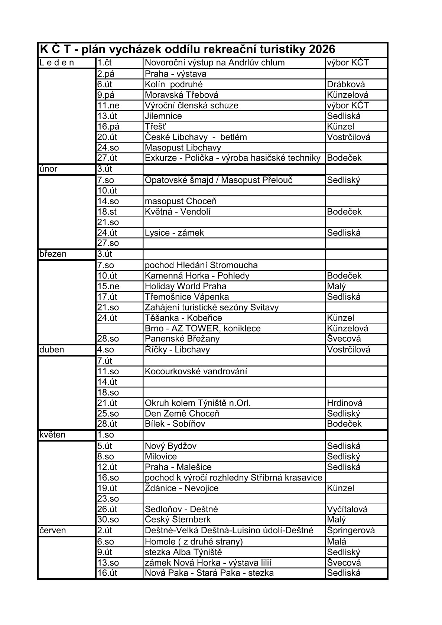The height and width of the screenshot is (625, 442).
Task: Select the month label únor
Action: [x=48, y=169]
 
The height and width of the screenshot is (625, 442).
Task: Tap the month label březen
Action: [x=53, y=254]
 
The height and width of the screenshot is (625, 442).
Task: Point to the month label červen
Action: [x=52, y=530]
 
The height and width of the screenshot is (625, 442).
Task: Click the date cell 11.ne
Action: [x=108, y=105]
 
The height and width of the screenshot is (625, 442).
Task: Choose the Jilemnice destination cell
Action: [x=163, y=116]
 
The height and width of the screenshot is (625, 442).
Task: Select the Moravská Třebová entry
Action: [x=182, y=95]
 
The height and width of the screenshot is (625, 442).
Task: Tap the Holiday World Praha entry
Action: [x=186, y=286]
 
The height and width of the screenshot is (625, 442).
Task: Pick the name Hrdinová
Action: [x=345, y=403]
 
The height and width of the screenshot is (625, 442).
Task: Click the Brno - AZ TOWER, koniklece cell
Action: [x=203, y=328]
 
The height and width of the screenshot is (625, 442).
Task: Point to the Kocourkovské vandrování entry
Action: [x=196, y=371]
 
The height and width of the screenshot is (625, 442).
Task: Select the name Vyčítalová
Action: [x=347, y=509]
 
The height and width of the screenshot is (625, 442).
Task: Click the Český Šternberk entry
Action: [x=178, y=520]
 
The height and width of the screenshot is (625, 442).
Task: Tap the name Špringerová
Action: [x=351, y=530]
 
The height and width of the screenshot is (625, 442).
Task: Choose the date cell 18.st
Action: [x=107, y=212]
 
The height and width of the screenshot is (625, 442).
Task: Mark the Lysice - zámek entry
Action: [x=175, y=233]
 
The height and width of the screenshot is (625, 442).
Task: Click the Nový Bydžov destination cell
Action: [x=171, y=446]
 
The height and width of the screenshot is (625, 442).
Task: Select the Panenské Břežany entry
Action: [x=182, y=339]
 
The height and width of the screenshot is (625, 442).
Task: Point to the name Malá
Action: [x=337, y=541]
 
